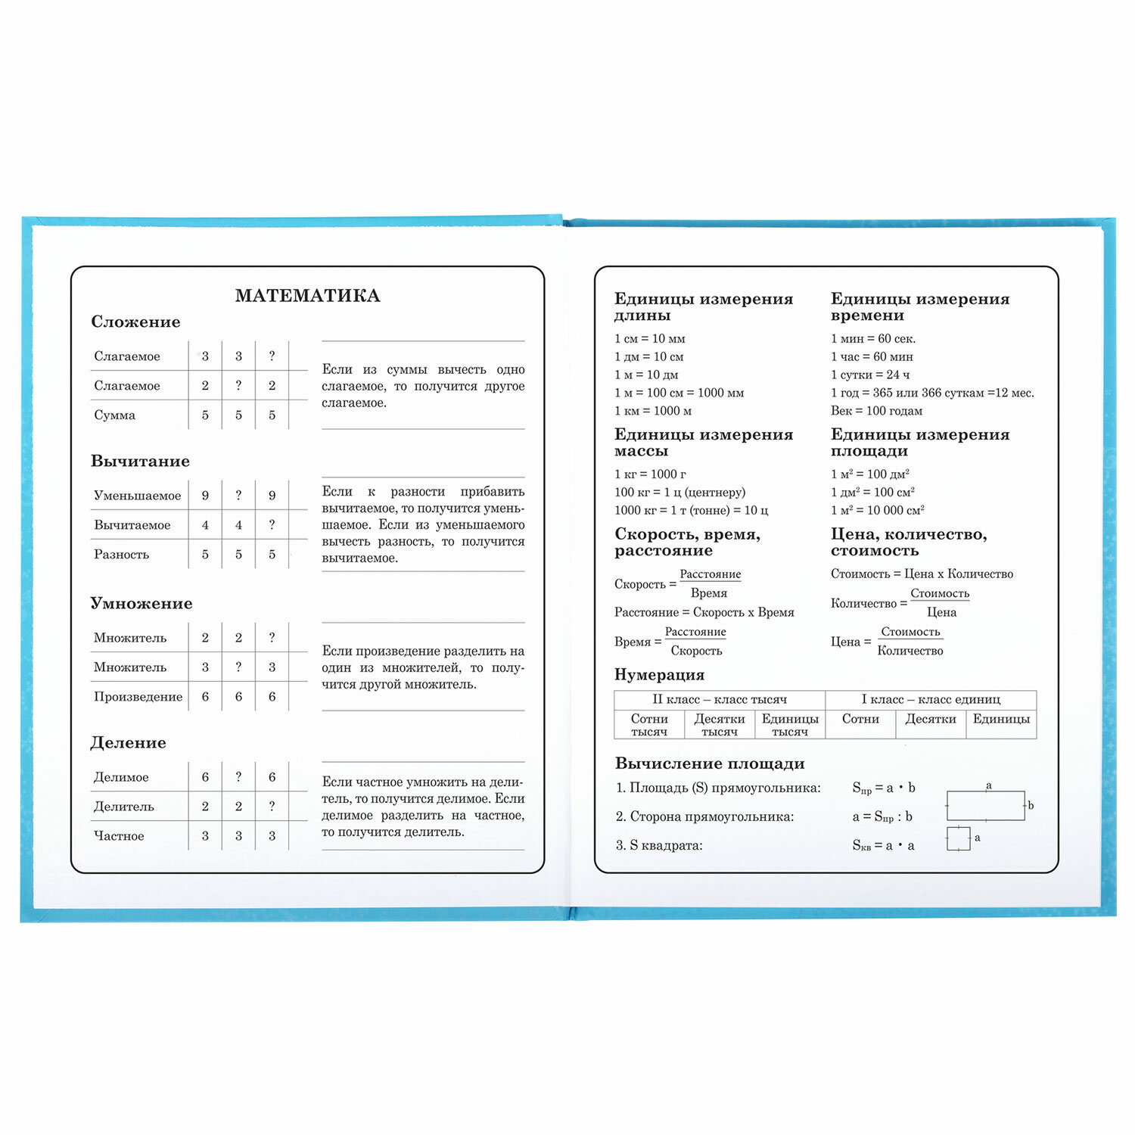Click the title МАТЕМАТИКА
307,296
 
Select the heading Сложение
135,322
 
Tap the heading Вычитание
140,461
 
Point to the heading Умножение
141,603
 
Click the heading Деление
128,742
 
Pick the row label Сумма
115,415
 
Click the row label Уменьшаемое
137,496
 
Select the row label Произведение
138,697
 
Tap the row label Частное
119,836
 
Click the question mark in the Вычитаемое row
272,524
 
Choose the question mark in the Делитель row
272,806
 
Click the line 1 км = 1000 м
653,411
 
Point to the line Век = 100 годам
876,411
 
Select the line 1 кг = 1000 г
650,474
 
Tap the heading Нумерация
659,674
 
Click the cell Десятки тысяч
719,725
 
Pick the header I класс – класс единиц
930,699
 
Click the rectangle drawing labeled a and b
986,806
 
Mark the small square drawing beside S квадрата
958,838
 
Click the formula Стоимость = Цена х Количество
922,574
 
